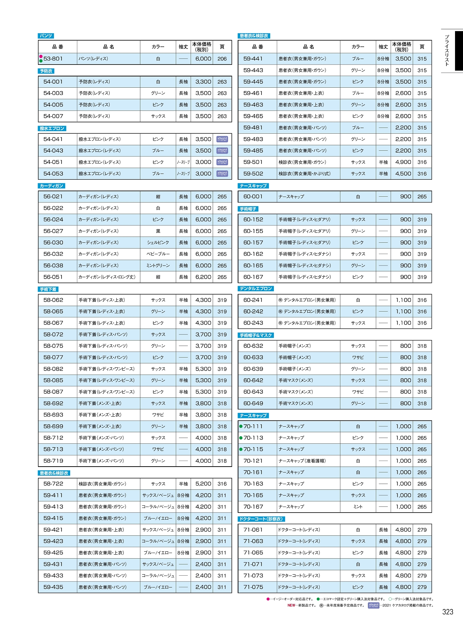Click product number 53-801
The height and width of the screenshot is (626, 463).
coord(53,59)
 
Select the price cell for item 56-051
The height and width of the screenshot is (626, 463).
coord(203,277)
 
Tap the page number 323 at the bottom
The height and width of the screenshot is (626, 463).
coord(447,612)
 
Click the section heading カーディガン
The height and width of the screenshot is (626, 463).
coord(51,186)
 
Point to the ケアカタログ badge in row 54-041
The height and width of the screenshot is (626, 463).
coord(222,139)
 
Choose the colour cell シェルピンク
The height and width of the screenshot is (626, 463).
coord(158,243)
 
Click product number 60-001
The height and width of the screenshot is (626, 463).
coord(253,197)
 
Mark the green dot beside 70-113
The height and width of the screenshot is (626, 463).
coord(241,438)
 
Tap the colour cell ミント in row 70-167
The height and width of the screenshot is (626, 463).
coord(358,507)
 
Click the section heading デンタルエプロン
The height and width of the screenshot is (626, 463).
coord(256,289)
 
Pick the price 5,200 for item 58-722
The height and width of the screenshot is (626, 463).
coord(203,484)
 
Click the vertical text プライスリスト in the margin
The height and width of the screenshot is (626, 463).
coord(447,51)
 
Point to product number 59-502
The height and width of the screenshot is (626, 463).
coord(253,174)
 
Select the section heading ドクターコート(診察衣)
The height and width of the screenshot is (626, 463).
coord(261,519)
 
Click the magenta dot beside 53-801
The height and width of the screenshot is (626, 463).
coord(41,57)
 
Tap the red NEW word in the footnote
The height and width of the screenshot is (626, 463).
coord(291,605)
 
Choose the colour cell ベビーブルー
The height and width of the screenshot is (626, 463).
coord(158,254)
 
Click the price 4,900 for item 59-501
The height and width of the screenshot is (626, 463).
coord(403,162)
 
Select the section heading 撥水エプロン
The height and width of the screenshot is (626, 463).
coord(52,129)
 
